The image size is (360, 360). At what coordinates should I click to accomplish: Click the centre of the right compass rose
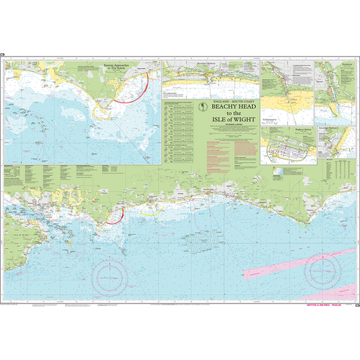[x=323, y=271]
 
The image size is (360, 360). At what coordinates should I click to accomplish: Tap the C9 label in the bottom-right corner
[x=356, y=304]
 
